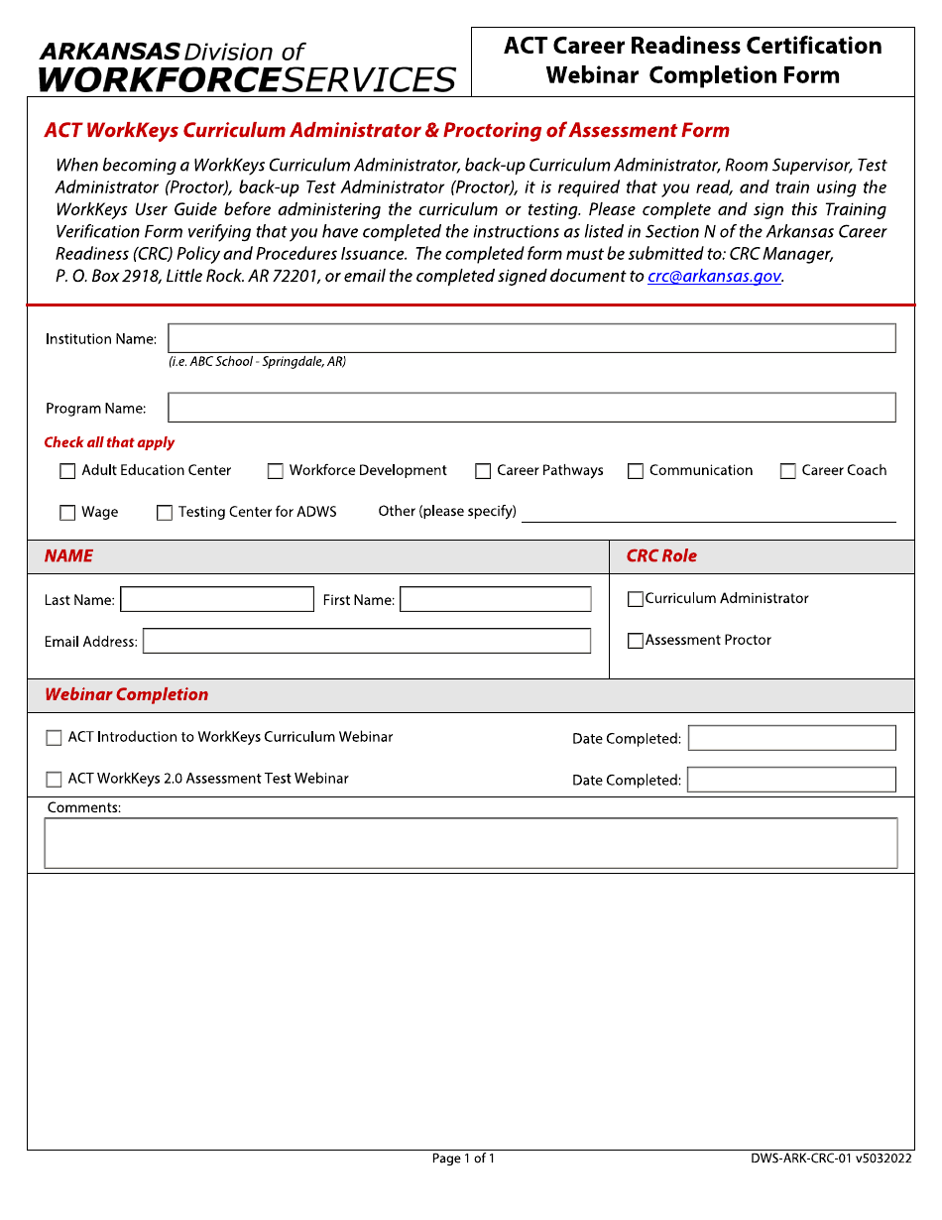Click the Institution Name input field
(x=531, y=338)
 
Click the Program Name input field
(x=531, y=408)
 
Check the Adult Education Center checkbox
(x=67, y=471)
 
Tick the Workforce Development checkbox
(x=276, y=471)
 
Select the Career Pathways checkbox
(x=483, y=471)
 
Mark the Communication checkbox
(x=636, y=471)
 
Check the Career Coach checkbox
(x=788, y=471)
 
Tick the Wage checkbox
(x=67, y=513)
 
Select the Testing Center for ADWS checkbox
(x=165, y=513)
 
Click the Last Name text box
(x=216, y=599)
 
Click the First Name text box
(x=495, y=599)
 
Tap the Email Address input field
(x=367, y=641)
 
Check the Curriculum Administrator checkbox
(x=636, y=599)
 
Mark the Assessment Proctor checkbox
(x=636, y=641)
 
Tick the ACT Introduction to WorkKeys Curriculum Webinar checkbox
(x=54, y=738)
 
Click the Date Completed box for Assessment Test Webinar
(x=791, y=780)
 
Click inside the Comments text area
(x=471, y=843)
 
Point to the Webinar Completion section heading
(x=127, y=695)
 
